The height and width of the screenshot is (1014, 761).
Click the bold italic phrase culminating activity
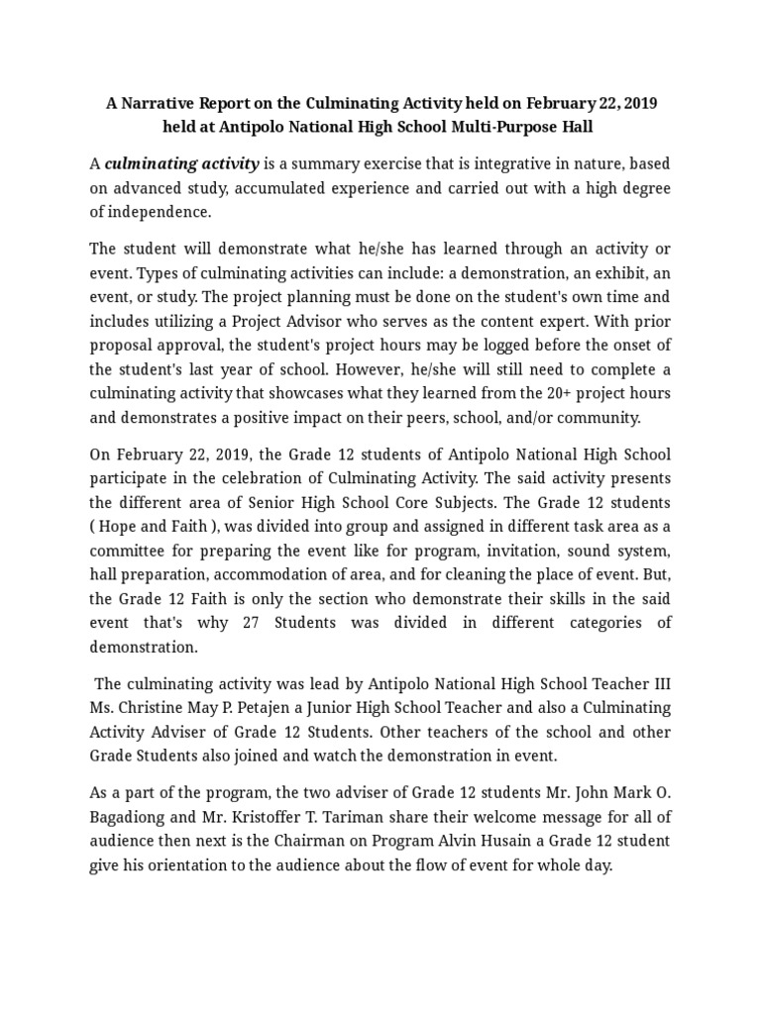pos(182,163)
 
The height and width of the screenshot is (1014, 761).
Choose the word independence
pos(162,211)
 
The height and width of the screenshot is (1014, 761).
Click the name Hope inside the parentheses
pos(125,526)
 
